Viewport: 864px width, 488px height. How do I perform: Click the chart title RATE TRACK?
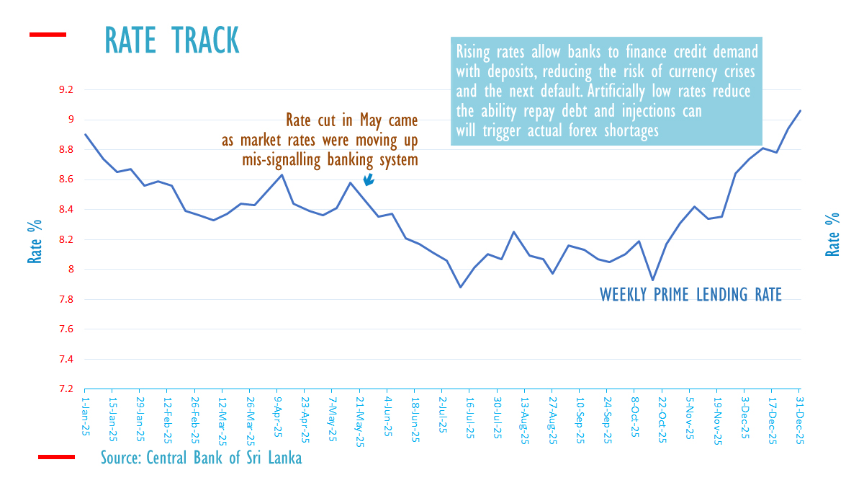pyautogui.click(x=172, y=40)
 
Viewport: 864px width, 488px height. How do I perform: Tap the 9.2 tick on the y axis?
pyautogui.click(x=66, y=90)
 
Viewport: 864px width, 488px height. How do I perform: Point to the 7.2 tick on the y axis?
pyautogui.click(x=66, y=389)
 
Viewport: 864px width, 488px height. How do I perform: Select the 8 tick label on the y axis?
pyautogui.click(x=71, y=270)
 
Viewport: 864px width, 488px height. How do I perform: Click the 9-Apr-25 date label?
pyautogui.click(x=278, y=414)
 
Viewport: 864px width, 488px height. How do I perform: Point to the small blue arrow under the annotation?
pyautogui.click(x=368, y=180)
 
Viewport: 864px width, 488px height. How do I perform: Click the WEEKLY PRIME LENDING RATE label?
pyautogui.click(x=690, y=294)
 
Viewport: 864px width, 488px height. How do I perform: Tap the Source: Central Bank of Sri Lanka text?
pyautogui.click(x=201, y=458)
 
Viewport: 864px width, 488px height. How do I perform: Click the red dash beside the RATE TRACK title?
pyautogui.click(x=48, y=34)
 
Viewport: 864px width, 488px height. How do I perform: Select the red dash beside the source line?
pyautogui.click(x=55, y=457)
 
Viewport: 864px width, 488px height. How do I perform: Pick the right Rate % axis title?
pyautogui.click(x=832, y=234)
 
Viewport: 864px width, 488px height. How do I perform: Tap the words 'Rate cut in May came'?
pyautogui.click(x=351, y=120)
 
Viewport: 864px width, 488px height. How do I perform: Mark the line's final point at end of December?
pyautogui.click(x=801, y=110)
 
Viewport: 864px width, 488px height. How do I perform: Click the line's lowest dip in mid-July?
pyautogui.click(x=461, y=287)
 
